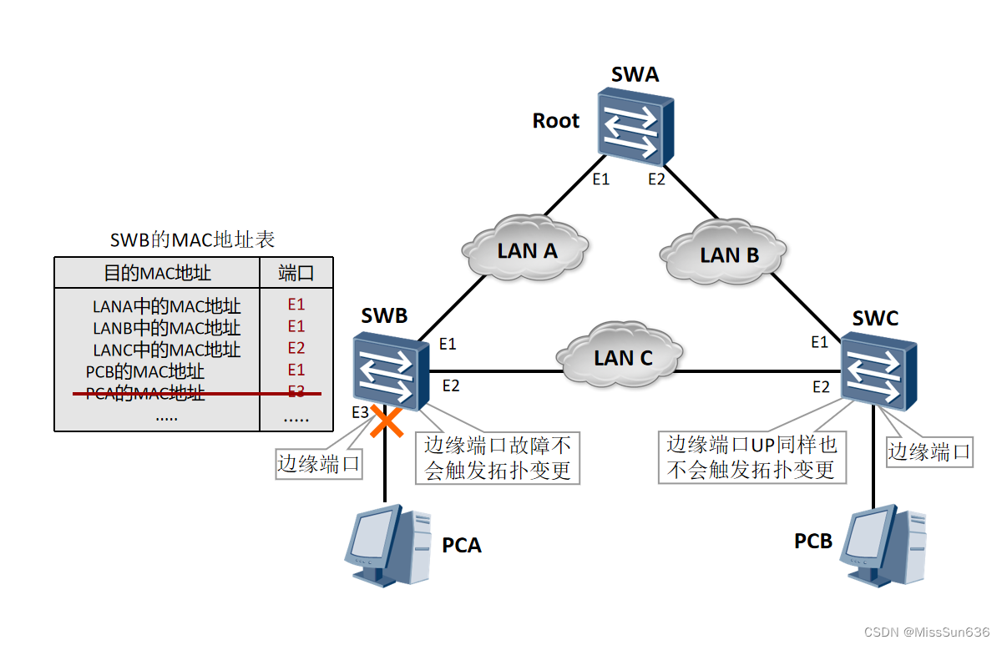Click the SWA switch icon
click(635, 124)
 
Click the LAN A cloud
click(526, 249)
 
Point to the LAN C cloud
click(623, 357)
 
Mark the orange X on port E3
click(386, 421)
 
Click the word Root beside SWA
click(555, 121)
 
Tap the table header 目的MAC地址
click(157, 273)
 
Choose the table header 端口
click(296, 273)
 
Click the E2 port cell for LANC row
click(296, 348)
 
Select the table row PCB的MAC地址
click(145, 370)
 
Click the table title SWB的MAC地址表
click(193, 240)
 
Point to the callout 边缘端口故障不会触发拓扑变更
click(497, 457)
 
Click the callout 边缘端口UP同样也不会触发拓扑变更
click(751, 456)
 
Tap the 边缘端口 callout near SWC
click(929, 451)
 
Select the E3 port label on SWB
click(360, 412)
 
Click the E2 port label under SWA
click(657, 179)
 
